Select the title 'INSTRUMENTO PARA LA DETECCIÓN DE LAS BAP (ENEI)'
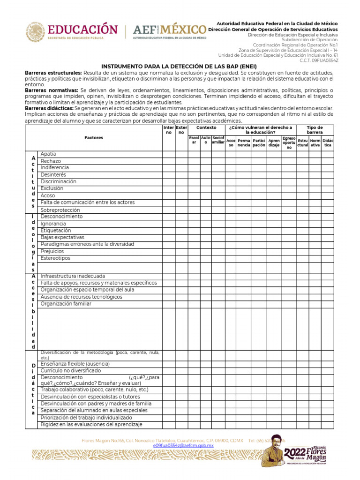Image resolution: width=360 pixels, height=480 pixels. [x=179, y=67]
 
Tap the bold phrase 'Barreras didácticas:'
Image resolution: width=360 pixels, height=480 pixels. [x=49, y=108]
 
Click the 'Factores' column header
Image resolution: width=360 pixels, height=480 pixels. [x=94, y=138]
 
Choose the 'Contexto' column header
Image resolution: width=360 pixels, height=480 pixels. [x=206, y=127]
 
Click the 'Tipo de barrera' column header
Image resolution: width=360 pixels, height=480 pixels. [x=315, y=130]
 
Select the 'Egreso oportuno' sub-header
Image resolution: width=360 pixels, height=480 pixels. [x=289, y=142]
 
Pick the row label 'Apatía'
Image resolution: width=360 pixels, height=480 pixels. [x=48, y=154]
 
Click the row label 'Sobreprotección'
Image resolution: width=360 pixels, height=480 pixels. [x=60, y=210]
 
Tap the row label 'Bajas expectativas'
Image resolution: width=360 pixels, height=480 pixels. [x=62, y=237]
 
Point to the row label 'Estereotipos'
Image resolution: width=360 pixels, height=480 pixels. [x=55, y=258]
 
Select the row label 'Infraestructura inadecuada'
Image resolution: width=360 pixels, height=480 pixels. [x=73, y=276]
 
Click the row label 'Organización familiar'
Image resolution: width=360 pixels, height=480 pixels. [x=66, y=304]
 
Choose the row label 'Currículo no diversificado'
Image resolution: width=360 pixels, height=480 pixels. [x=70, y=370]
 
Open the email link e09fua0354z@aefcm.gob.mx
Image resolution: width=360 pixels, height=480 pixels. [x=183, y=446]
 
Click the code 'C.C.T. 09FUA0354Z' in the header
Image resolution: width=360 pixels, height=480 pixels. [x=319, y=60]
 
